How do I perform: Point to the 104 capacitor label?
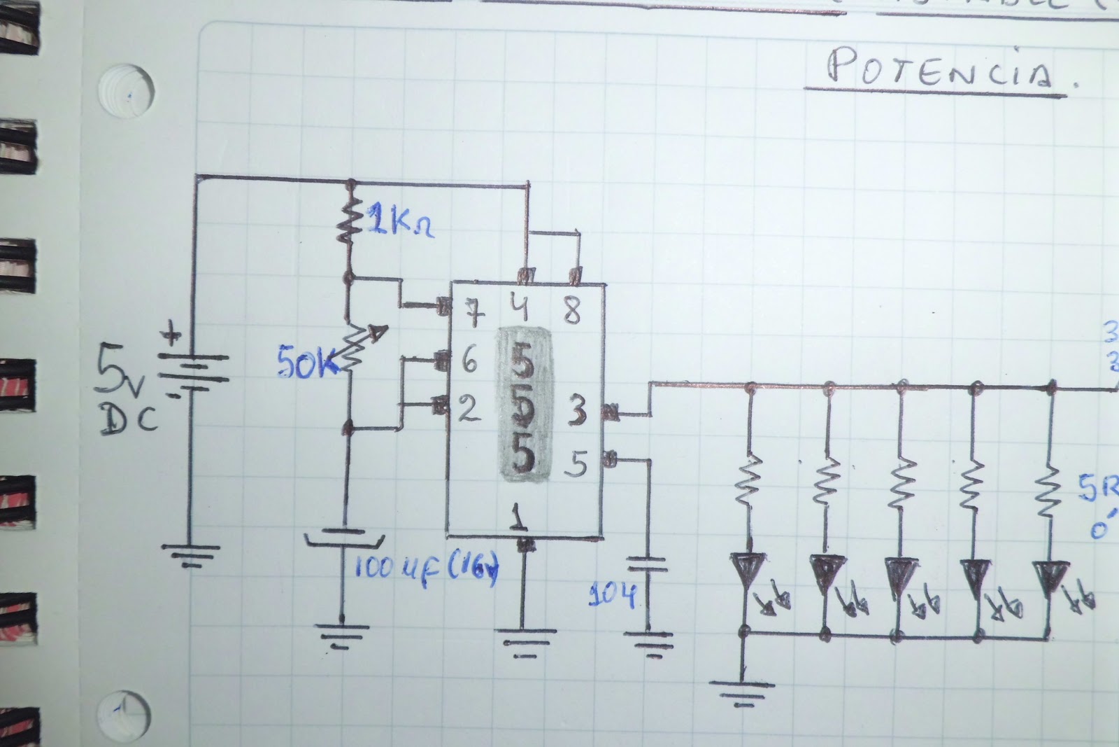(612, 595)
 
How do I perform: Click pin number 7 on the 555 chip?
(475, 315)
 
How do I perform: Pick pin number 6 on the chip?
(469, 362)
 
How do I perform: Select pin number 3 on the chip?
(577, 413)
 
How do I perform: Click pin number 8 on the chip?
(572, 312)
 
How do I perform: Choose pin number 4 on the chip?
(523, 310)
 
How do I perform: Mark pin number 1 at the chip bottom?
(518, 517)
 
